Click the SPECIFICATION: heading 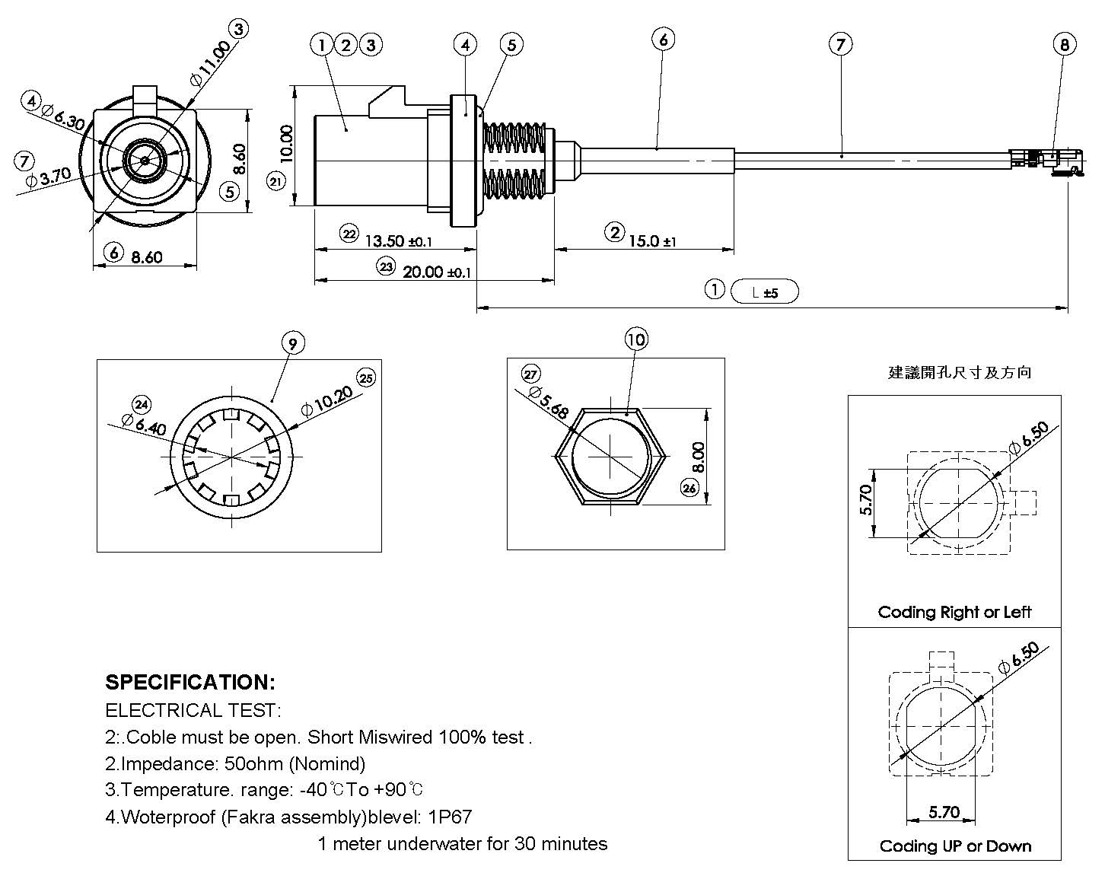click(x=189, y=682)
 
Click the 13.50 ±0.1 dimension click(x=398, y=241)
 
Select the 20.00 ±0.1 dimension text click(x=436, y=272)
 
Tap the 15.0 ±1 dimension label click(x=651, y=241)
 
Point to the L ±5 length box click(x=764, y=291)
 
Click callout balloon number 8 click(x=1064, y=45)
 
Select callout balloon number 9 click(x=293, y=344)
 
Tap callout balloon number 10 click(x=636, y=339)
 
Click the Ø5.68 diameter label click(x=549, y=401)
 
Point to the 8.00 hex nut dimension click(x=699, y=457)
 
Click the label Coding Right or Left click(x=954, y=612)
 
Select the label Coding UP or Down click(x=955, y=846)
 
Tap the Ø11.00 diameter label click(x=209, y=62)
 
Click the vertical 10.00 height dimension click(x=286, y=144)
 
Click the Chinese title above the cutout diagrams click(x=960, y=372)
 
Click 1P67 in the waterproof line click(x=449, y=817)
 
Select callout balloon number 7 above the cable click(x=840, y=45)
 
